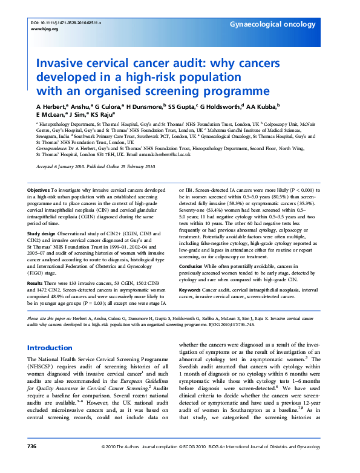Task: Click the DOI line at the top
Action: tap(65, 22)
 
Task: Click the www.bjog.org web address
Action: tap(44, 28)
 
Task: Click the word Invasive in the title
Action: tap(62, 64)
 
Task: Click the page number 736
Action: tap(32, 463)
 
